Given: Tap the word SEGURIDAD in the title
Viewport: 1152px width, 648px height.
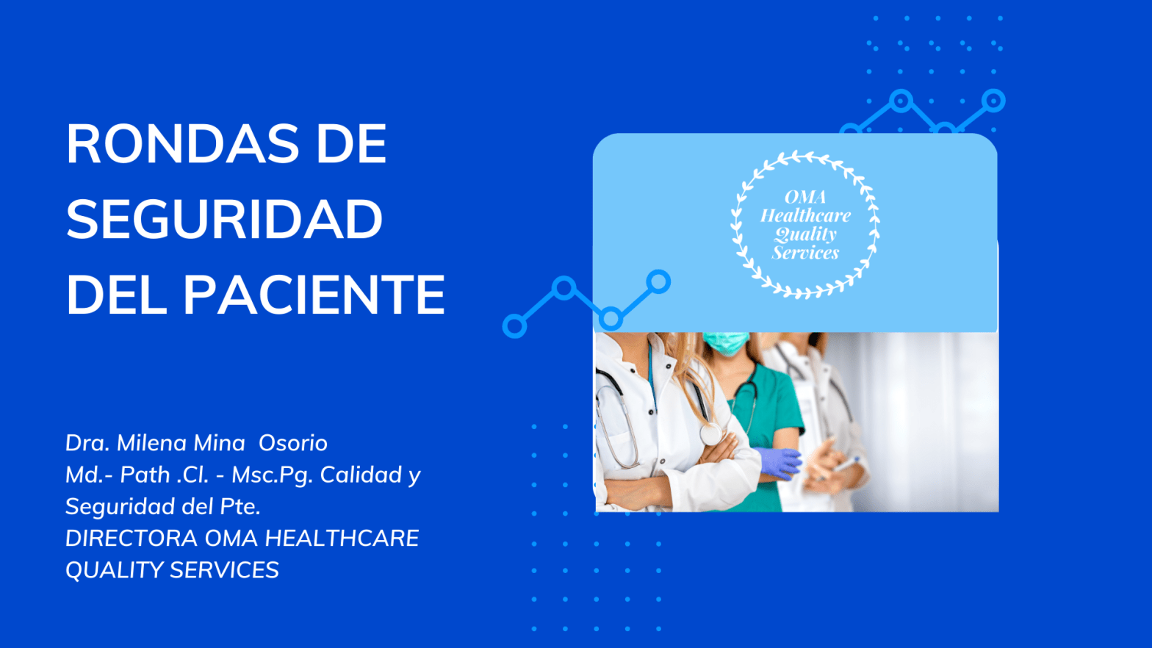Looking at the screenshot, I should (224, 220).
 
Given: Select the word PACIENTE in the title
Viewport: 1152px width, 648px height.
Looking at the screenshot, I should (314, 295).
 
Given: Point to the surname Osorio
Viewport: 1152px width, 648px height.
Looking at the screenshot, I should (292, 443).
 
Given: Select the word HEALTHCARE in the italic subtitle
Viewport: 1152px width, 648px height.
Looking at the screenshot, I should (342, 539).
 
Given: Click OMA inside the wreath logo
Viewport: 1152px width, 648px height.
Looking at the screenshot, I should (805, 197).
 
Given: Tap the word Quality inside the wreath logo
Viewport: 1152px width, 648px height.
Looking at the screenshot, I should (805, 234).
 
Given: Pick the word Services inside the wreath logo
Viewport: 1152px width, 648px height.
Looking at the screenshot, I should (805, 253).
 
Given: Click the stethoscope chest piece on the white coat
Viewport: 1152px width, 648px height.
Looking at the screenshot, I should (710, 434).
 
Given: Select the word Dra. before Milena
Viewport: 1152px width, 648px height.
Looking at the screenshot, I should (87, 443).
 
